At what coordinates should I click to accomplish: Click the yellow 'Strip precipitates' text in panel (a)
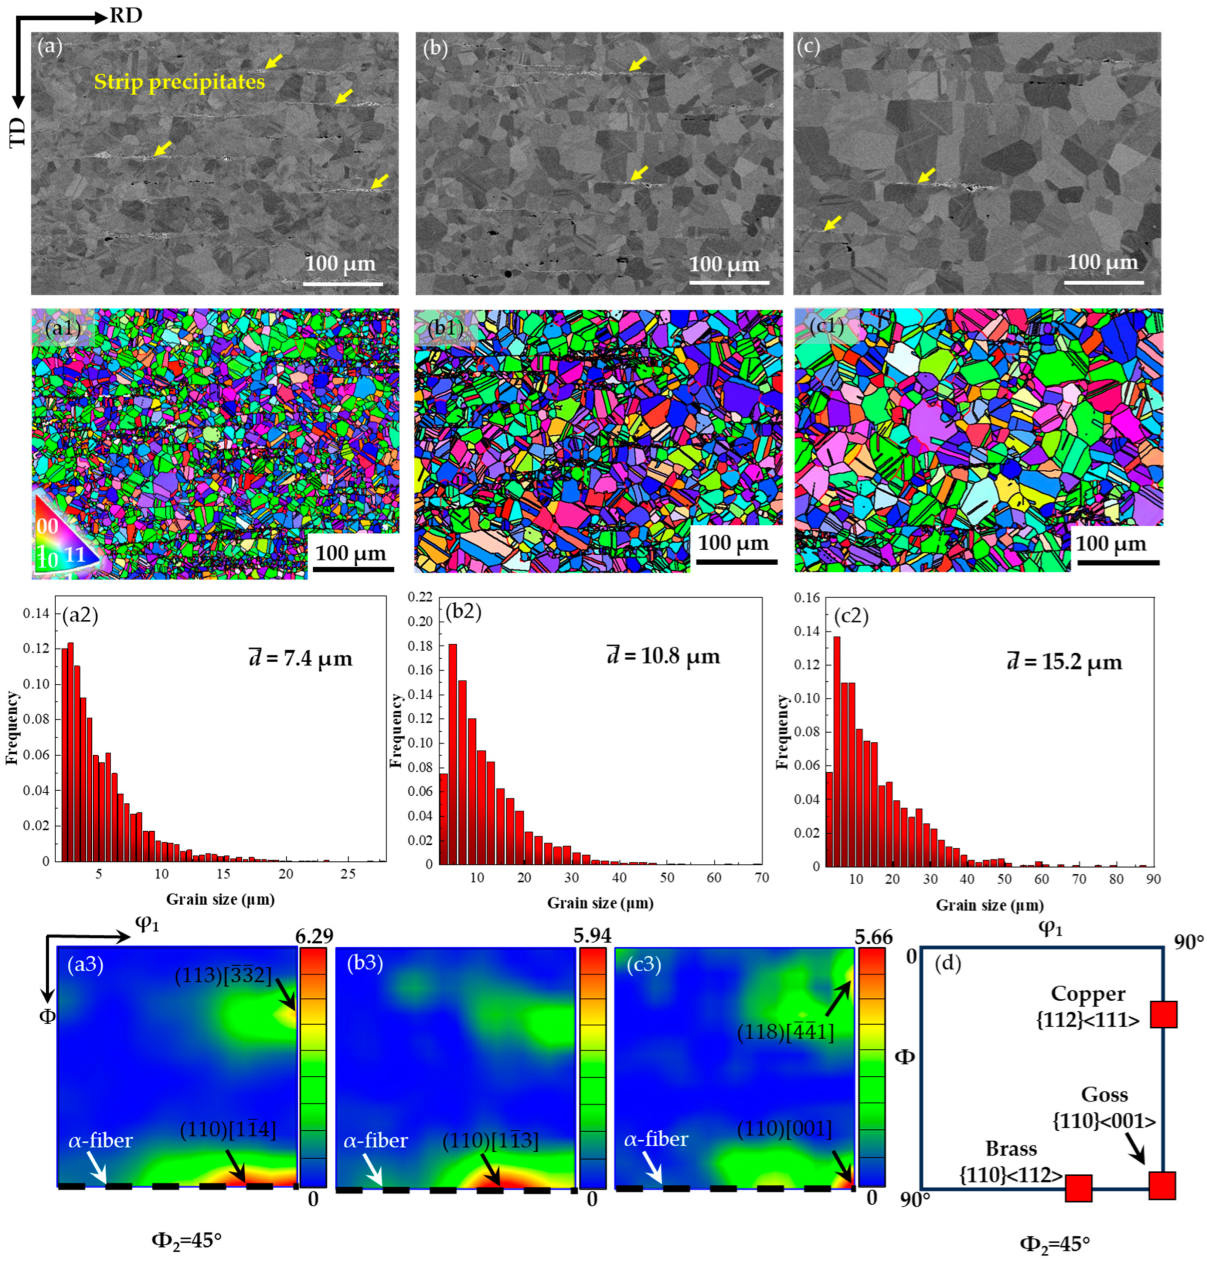pyautogui.click(x=179, y=82)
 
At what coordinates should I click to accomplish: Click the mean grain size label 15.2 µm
pyautogui.click(x=1064, y=662)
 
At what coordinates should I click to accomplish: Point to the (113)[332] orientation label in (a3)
pyautogui.click(x=224, y=975)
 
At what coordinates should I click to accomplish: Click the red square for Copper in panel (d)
pyautogui.click(x=1163, y=1015)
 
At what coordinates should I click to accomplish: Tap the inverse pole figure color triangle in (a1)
pyautogui.click(x=64, y=540)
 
